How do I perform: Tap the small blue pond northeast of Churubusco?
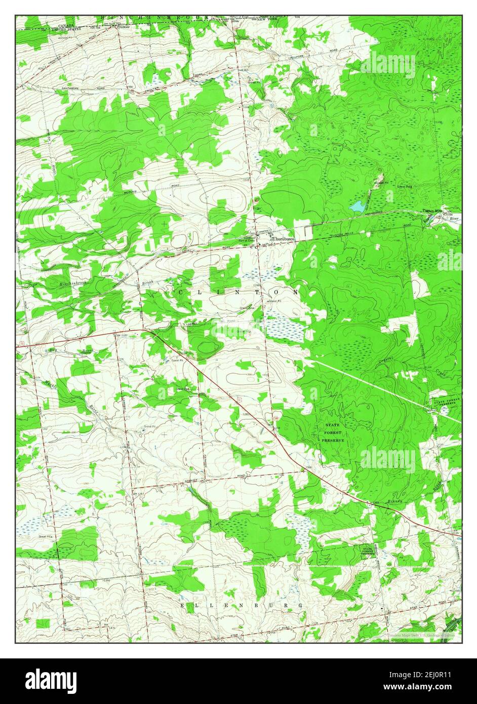coord(357,206)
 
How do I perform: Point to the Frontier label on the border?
coord(124,28)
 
